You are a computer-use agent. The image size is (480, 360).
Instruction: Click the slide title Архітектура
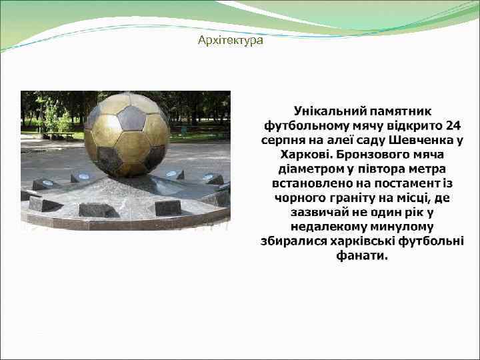231,41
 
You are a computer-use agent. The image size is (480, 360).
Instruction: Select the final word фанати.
363,256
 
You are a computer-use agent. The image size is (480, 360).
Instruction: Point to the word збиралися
293,241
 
